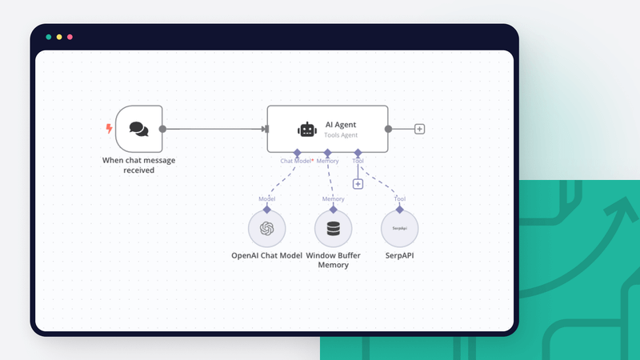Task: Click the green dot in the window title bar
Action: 49,37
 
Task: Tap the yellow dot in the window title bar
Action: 59,37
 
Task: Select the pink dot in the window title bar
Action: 70,37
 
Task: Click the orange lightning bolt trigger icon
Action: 110,128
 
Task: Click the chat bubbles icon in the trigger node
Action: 138,128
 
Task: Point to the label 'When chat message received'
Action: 138,165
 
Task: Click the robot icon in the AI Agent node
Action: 306,129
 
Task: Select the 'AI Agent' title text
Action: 341,124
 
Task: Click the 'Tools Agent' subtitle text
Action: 341,135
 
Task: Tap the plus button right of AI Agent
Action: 419,129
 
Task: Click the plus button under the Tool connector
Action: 358,184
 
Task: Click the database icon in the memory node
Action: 334,229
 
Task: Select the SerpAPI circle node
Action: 400,229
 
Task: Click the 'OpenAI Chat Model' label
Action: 267,256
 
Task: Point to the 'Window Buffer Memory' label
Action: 334,260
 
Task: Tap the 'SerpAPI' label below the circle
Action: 400,256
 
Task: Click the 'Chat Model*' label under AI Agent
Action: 296,161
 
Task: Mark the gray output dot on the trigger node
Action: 162,128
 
